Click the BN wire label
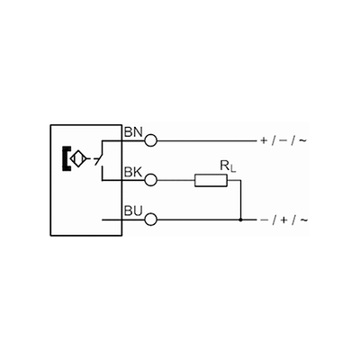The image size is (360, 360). (x=133, y=132)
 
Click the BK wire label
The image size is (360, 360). (x=133, y=172)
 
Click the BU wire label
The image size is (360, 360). (x=133, y=211)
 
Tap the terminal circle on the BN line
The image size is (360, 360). (x=151, y=140)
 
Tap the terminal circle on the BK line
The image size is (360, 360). (x=151, y=180)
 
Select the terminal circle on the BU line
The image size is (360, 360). (x=151, y=220)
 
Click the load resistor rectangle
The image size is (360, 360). (x=211, y=180)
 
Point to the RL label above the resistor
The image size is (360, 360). (x=228, y=166)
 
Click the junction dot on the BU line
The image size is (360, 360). (x=240, y=220)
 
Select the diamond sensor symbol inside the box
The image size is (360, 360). (x=78, y=158)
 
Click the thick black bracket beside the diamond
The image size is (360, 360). (x=66, y=158)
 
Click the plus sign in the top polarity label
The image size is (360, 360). (x=264, y=140)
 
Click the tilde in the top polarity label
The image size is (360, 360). (x=302, y=140)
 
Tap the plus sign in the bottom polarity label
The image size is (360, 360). (x=283, y=220)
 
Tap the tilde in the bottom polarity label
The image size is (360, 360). (x=303, y=220)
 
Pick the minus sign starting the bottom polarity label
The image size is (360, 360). (x=264, y=220)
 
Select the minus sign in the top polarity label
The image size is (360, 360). (x=283, y=140)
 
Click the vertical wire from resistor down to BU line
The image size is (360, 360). (x=240, y=200)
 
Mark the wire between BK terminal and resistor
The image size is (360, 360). (x=175, y=180)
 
